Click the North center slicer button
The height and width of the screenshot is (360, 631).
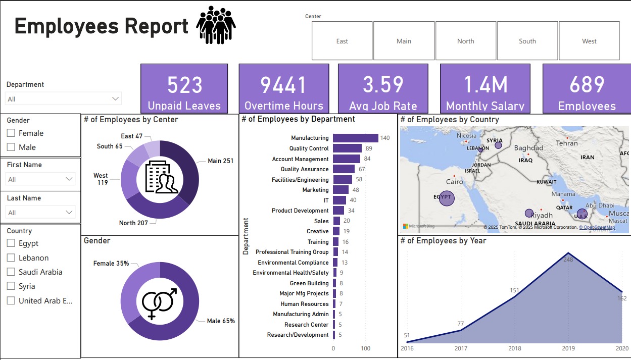click(465, 41)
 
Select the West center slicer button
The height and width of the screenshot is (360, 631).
click(589, 41)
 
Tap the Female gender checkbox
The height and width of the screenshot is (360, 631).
click(11, 133)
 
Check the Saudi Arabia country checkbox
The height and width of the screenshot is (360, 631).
click(11, 272)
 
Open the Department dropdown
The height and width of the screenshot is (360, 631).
click(64, 98)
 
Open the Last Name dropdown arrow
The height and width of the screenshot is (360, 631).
click(70, 213)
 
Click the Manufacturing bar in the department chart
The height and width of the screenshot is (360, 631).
click(356, 138)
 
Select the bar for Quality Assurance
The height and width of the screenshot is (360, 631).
click(344, 169)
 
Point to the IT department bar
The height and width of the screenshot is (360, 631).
click(339, 200)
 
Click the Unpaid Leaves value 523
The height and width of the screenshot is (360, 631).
click(184, 85)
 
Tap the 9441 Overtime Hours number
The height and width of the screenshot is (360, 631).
click(283, 85)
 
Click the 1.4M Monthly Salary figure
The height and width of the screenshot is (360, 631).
click(486, 85)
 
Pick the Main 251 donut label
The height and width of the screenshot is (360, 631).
click(220, 161)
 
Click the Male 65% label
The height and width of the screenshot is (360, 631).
click(221, 321)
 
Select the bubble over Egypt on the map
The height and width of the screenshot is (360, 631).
click(445, 198)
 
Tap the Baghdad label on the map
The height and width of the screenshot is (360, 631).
click(528, 148)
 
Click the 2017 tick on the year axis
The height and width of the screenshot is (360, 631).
click(461, 348)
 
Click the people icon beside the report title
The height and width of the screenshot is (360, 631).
click(216, 25)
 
